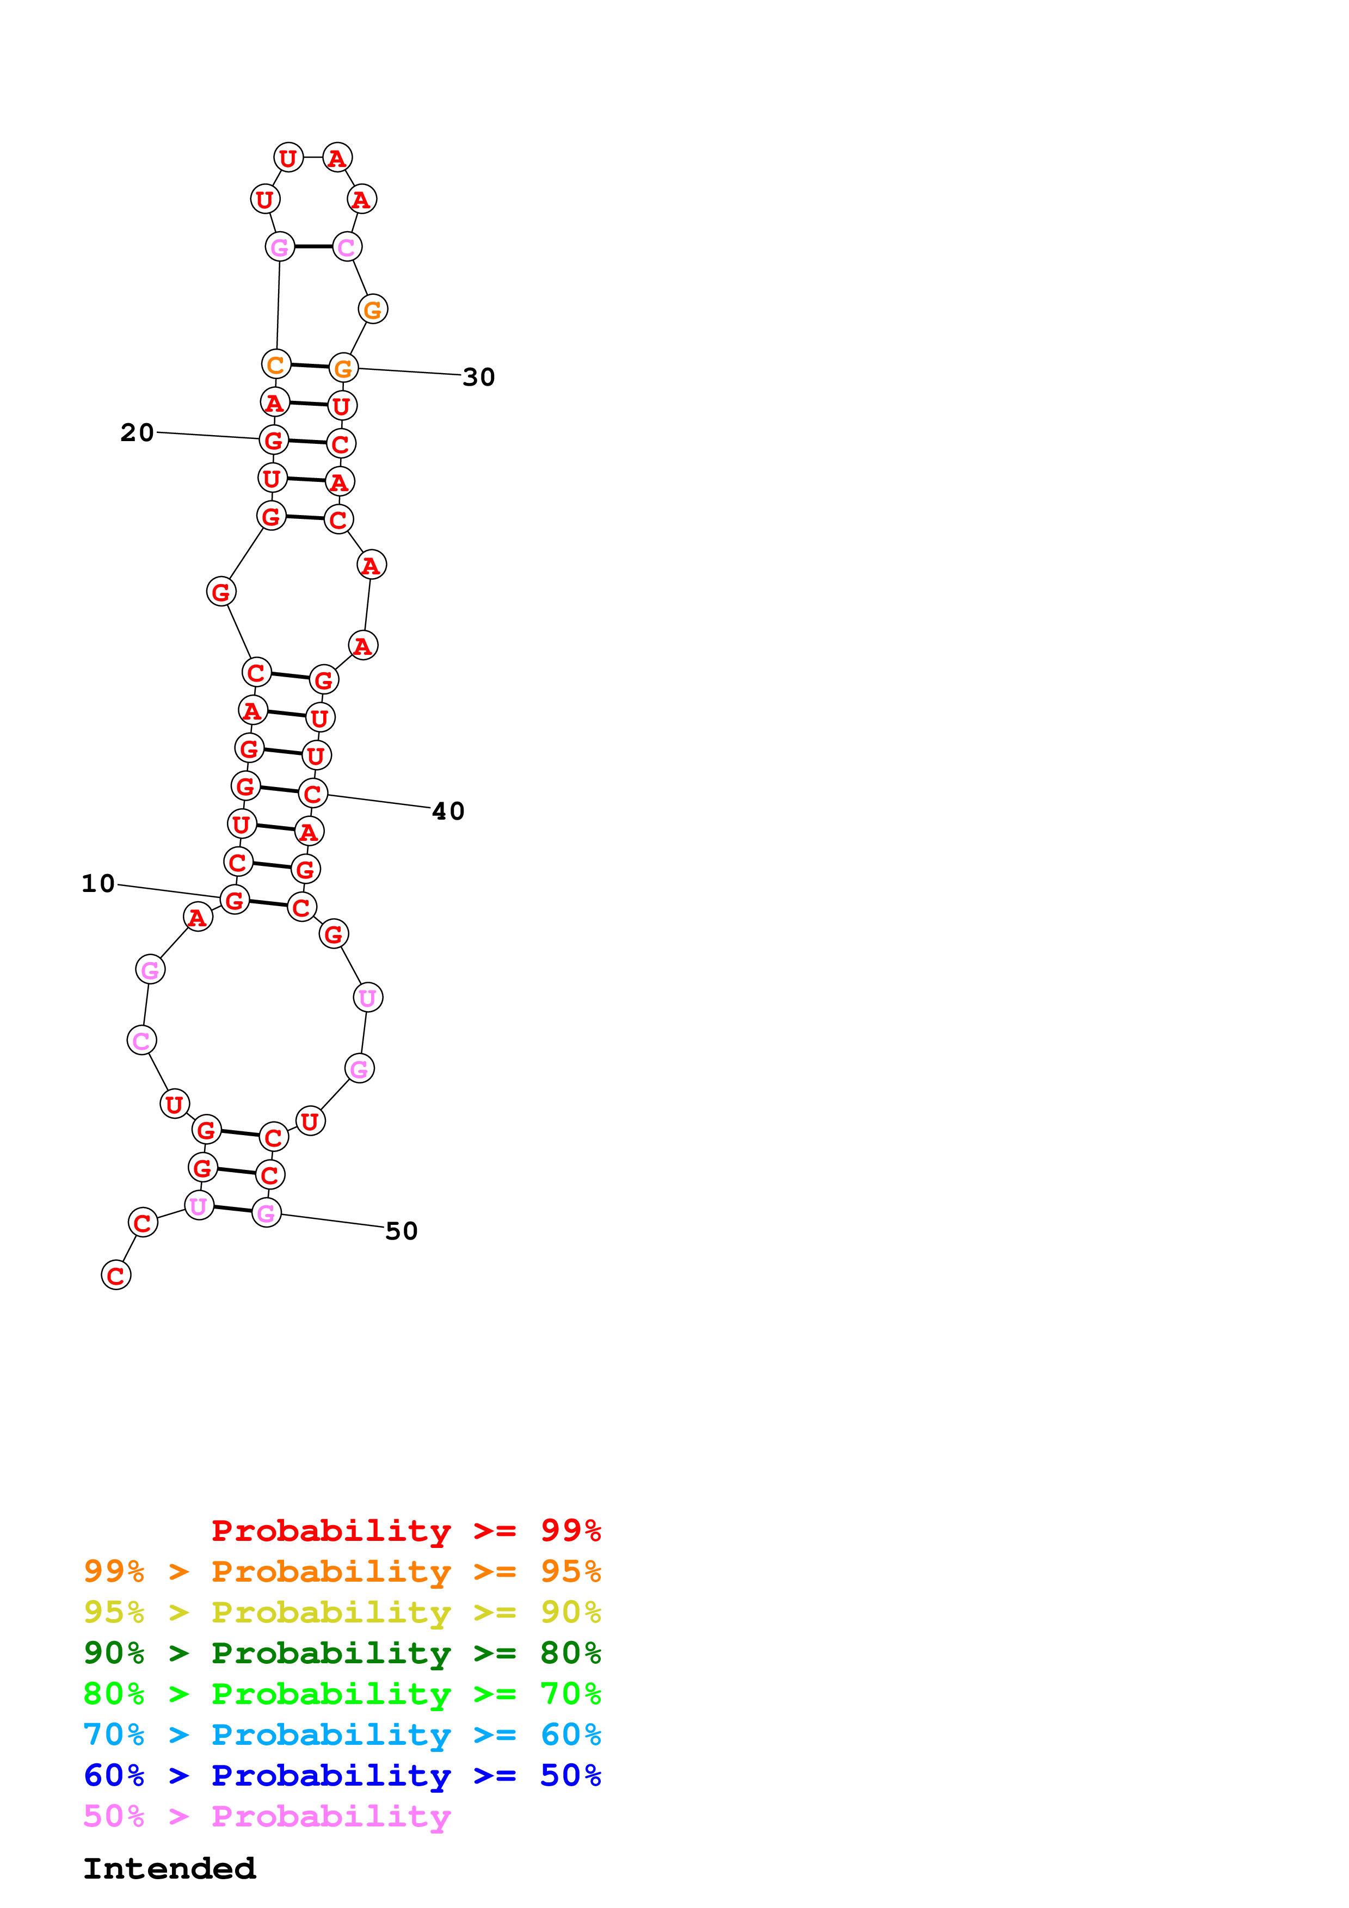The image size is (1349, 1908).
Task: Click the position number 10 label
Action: (98, 883)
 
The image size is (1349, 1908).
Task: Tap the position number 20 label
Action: (137, 432)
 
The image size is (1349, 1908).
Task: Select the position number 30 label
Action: (479, 377)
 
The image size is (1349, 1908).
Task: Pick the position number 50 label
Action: (402, 1231)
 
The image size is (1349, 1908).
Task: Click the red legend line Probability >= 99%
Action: (405, 1530)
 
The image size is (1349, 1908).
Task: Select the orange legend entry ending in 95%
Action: (342, 1571)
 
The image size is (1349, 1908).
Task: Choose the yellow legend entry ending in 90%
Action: (342, 1612)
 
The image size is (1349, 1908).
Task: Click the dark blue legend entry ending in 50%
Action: (342, 1775)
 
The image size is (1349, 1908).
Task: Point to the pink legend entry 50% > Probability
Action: (267, 1816)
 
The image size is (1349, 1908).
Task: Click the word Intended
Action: (170, 1868)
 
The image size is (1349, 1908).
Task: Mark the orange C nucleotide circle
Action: (276, 364)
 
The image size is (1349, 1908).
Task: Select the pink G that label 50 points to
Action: (266, 1213)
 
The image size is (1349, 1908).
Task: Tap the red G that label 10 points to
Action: (235, 899)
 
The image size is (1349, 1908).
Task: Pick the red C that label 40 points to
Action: (312, 794)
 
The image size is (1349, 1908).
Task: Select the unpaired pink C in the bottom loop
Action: (141, 1040)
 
